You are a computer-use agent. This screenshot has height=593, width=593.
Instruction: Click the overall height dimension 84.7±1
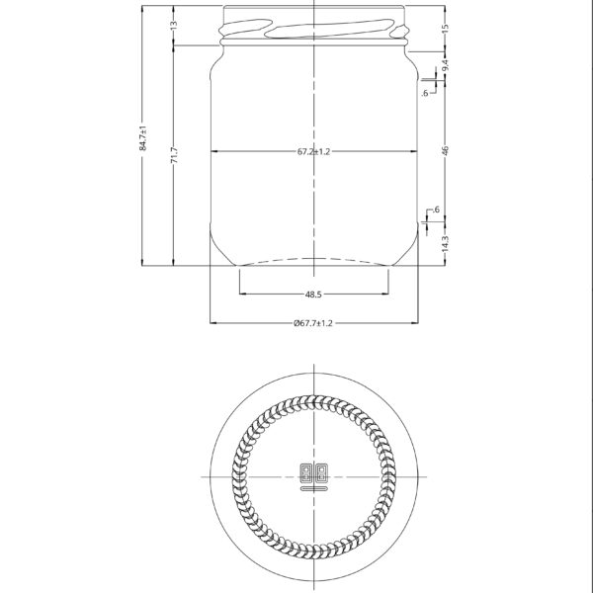point(143,137)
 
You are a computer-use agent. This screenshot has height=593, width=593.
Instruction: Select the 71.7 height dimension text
point(174,155)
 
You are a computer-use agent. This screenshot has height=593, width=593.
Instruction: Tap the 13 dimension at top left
point(174,24)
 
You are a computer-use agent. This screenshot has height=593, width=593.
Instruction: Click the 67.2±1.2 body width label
point(313,152)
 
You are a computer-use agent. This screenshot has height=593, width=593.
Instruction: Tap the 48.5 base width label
point(313,295)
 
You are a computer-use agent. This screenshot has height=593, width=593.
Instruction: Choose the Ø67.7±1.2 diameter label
point(313,323)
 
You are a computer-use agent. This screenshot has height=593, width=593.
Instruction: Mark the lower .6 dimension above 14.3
point(436,211)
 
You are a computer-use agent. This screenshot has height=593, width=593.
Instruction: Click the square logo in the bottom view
point(313,471)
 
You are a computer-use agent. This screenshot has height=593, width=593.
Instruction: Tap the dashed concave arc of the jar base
point(313,259)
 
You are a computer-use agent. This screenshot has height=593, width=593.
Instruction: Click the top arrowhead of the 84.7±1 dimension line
point(143,8)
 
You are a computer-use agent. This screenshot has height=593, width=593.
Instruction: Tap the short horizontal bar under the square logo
point(313,487)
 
